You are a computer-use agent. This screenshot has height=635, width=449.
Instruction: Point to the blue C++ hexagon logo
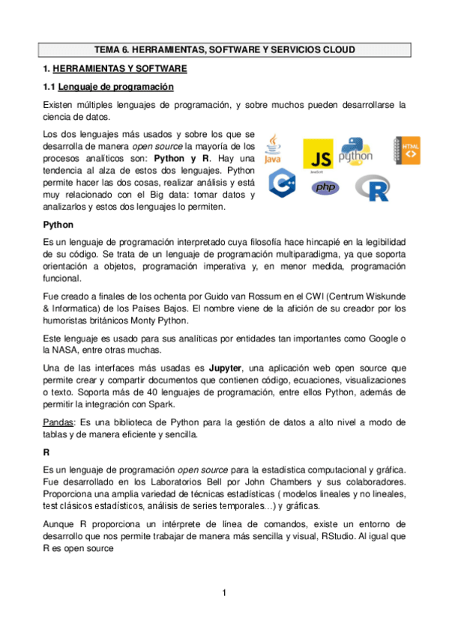coord(282,183)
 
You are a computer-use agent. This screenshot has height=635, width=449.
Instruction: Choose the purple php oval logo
coord(324,187)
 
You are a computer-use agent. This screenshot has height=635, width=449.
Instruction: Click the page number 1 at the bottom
coord(224,594)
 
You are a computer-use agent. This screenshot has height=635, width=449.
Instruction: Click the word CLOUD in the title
coord(334,50)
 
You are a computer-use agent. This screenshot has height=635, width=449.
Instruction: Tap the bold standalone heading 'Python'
coord(58,224)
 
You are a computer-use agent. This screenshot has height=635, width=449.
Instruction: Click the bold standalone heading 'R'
coord(46,452)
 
